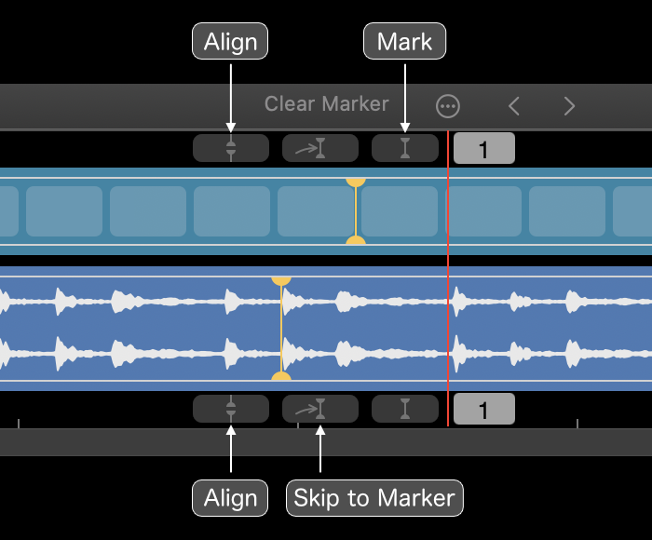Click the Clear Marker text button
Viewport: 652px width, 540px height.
coord(326,104)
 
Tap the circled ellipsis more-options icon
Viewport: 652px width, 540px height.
coord(448,106)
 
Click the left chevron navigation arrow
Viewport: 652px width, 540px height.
coord(514,106)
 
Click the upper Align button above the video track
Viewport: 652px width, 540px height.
coord(231,148)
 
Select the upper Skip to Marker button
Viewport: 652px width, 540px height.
coord(320,148)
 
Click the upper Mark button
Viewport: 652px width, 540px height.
coord(405,148)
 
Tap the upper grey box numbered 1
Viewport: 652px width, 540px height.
coord(484,148)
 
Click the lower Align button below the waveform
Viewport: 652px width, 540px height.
coord(231,409)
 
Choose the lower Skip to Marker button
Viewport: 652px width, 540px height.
coord(320,409)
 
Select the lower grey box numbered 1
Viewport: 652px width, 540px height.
coord(484,409)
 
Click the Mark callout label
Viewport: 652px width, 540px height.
coord(404,41)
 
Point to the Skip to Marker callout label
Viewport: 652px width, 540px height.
coord(374,498)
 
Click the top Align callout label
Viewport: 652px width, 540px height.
coord(230,41)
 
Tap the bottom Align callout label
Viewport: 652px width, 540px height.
coord(230,498)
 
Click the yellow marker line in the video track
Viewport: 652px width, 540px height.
coord(356,211)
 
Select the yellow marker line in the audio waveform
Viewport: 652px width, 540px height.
coord(281,329)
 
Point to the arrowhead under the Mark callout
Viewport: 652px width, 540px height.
coord(405,128)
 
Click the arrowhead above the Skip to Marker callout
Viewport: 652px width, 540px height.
coord(320,430)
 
